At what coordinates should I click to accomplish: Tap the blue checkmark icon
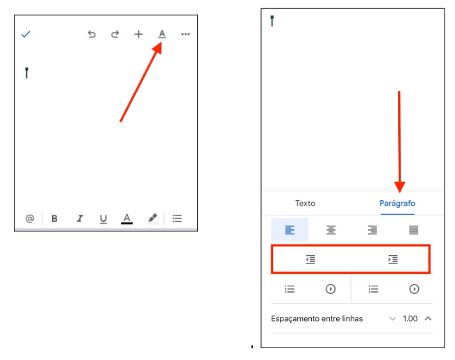26,34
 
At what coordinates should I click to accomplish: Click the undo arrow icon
92,34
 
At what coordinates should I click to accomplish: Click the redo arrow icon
115,34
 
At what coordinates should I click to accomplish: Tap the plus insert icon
138,34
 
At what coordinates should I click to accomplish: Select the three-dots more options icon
185,34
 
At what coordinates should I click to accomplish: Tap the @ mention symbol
30,218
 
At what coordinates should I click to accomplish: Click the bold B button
54,218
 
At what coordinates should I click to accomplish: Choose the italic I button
80,218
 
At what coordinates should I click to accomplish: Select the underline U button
104,219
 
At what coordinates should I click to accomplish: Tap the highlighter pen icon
153,218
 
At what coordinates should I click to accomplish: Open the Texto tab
305,203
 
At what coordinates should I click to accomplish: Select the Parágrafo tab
397,203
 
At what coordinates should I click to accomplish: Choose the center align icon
331,230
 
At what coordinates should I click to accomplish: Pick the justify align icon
413,230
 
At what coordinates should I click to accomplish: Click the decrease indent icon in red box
311,259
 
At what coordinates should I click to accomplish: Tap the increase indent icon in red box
393,259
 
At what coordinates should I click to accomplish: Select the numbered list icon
290,289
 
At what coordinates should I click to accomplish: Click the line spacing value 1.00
410,319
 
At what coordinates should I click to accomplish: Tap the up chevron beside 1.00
428,318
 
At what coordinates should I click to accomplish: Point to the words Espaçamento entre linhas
317,319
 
